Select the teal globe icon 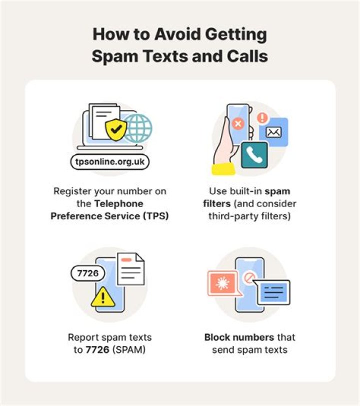point(137,127)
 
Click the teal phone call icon point(254,155)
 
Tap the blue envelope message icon point(273,132)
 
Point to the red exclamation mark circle point(262,118)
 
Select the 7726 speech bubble point(88,273)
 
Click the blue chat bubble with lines point(272,291)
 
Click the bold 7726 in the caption point(96,350)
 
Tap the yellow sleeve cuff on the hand point(223,169)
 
